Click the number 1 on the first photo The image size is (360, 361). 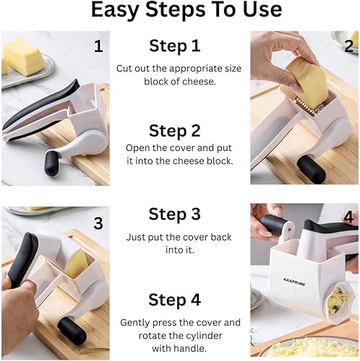click(x=98, y=47)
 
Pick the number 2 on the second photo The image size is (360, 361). click(x=348, y=47)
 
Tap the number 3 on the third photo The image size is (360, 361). click(x=98, y=223)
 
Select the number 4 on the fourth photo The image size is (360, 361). click(x=348, y=217)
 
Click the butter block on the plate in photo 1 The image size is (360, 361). click(x=22, y=56)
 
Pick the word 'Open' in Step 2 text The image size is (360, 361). click(x=139, y=147)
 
